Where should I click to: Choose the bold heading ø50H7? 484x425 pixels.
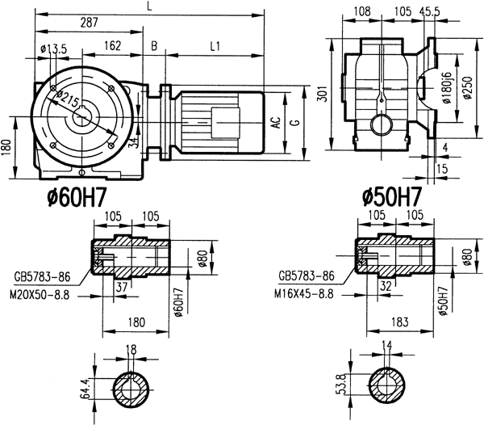392,196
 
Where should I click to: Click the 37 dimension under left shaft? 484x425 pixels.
120,287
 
